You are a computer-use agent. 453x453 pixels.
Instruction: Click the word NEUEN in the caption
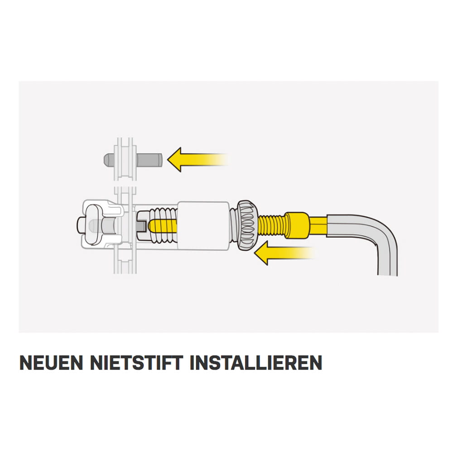tap(52, 362)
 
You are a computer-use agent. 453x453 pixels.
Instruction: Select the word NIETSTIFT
tap(137, 362)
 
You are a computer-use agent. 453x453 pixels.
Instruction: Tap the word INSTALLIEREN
tap(256, 362)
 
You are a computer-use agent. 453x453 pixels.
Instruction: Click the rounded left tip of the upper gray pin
tap(106, 160)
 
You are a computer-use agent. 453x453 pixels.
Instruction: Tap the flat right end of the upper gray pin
tap(161, 160)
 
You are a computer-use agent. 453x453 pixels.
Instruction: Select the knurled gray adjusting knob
tap(246, 225)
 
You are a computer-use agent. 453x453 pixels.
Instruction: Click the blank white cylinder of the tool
tap(203, 226)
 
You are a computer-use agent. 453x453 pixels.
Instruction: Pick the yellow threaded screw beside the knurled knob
tap(271, 226)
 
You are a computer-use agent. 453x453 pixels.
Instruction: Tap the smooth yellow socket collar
tap(297, 226)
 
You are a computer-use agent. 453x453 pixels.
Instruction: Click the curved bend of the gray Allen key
tap(384, 231)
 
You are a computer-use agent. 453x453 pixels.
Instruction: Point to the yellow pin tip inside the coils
tap(162, 226)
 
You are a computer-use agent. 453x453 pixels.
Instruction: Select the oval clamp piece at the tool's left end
tap(94, 225)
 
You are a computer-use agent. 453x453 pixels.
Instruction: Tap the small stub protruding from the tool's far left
tap(81, 225)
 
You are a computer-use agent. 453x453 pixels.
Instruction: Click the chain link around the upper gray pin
tap(125, 159)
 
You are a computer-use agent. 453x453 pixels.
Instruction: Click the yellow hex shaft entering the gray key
tap(318, 226)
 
